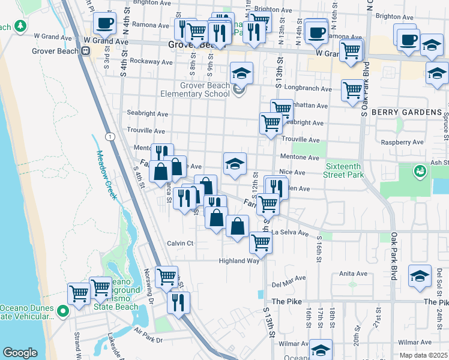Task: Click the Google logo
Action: [x=20, y=353]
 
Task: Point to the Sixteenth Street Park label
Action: [x=345, y=170]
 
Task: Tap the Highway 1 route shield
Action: [x=110, y=137]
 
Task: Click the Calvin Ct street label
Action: [x=180, y=243]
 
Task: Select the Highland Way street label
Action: [x=239, y=260]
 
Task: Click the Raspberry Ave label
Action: [x=402, y=142]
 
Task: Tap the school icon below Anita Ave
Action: [x=420, y=275]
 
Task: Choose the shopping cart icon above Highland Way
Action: [x=261, y=242]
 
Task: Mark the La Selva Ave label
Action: [x=288, y=232]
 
